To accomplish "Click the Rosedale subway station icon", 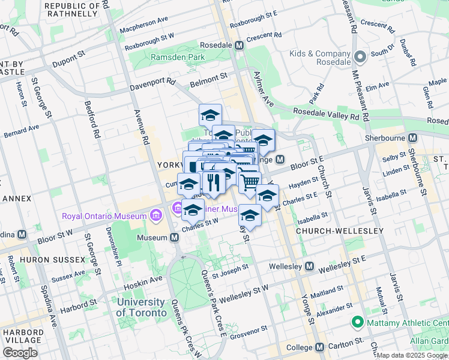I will pyautogui.click(x=239, y=45).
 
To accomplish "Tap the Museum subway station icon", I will pyautogui.click(x=174, y=238).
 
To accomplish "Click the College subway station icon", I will pyautogui.click(x=319, y=347).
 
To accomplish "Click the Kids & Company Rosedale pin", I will pyautogui.click(x=360, y=57).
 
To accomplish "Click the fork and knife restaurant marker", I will pyautogui.click(x=213, y=182).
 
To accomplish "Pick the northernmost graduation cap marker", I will pyautogui.click(x=210, y=114).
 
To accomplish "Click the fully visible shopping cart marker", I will pyautogui.click(x=250, y=182).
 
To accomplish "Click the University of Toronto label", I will pyautogui.click(x=141, y=307).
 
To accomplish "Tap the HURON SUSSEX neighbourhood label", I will pyautogui.click(x=52, y=260).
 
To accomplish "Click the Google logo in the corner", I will pyautogui.click(x=20, y=352).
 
